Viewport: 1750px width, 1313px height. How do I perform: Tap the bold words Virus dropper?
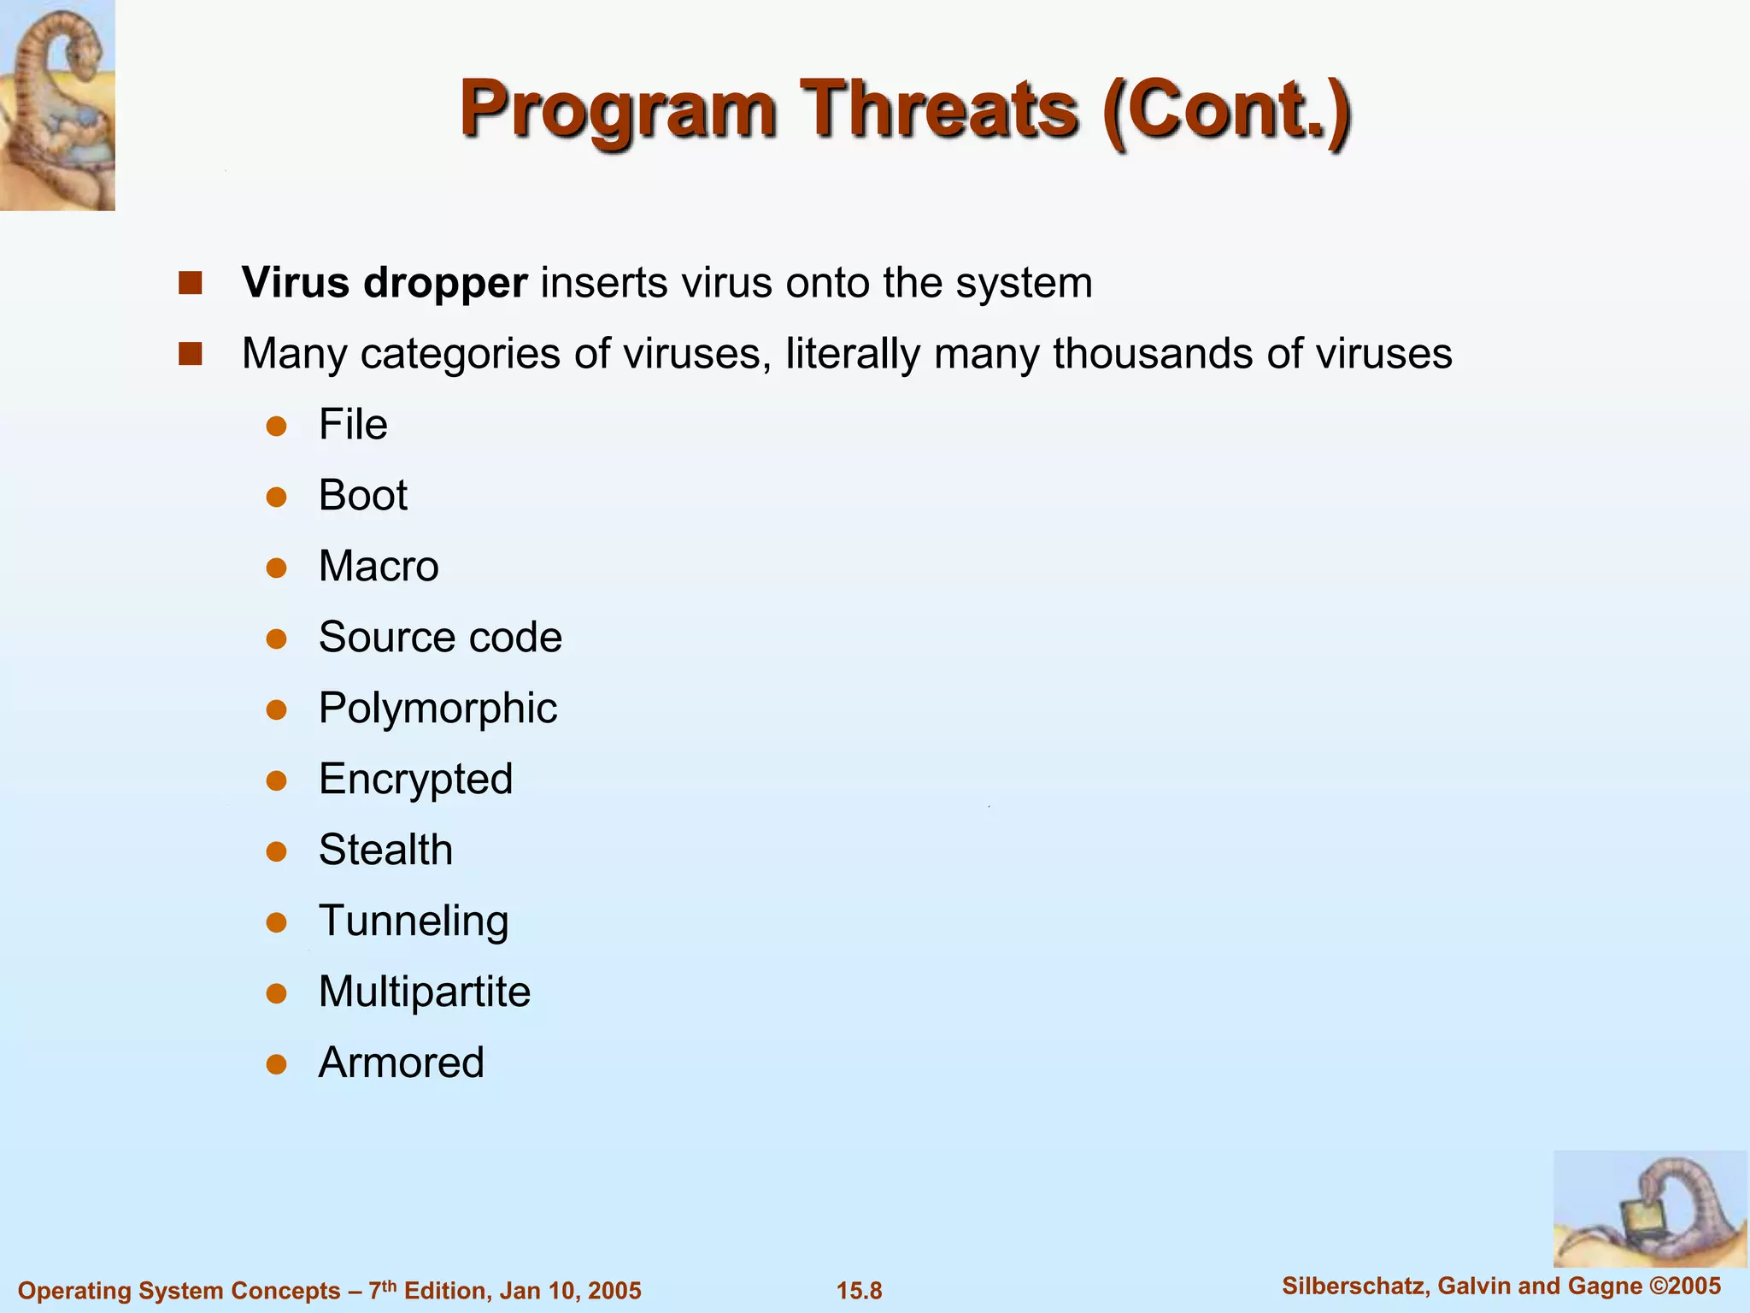[385, 283]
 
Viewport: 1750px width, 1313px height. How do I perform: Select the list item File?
[353, 425]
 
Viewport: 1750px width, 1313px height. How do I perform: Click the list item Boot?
[363, 496]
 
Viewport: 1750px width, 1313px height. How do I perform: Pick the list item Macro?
[379, 567]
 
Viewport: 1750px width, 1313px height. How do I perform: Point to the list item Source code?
[440, 638]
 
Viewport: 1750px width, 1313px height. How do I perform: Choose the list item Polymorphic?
[437, 709]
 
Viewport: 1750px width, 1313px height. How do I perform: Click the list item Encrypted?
[415, 780]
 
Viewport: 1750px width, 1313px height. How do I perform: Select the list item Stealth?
[385, 851]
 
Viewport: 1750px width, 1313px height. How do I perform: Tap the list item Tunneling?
[414, 921]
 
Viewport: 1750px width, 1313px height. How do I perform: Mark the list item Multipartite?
[425, 992]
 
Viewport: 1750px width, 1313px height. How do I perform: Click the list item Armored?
[401, 1063]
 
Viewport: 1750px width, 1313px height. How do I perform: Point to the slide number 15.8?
[859, 1291]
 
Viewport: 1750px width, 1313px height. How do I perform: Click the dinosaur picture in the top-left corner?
[57, 105]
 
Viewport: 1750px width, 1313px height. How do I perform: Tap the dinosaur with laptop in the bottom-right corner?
[1649, 1209]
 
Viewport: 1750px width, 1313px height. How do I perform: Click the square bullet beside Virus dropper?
[190, 283]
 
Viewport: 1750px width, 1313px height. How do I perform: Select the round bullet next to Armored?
[276, 1064]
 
